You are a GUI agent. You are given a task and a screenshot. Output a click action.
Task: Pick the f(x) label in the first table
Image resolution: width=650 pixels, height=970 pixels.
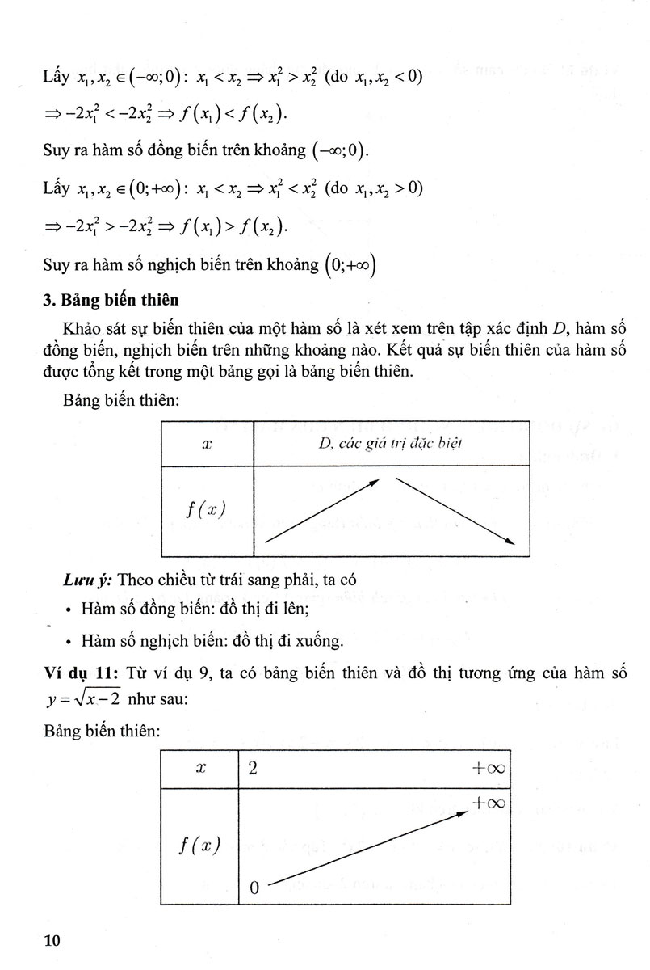207,510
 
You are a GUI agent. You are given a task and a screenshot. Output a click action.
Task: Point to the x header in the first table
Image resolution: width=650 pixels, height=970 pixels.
206,444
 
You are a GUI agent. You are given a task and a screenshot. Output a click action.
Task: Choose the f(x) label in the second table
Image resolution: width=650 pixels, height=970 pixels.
199,846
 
